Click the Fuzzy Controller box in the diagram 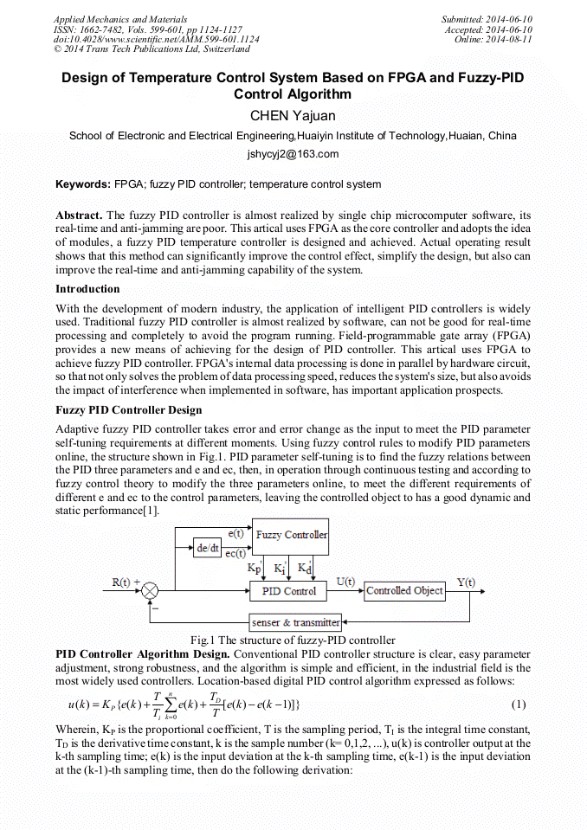pyautogui.click(x=291, y=535)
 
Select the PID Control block pyautogui.click(x=288, y=591)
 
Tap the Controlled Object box pyautogui.click(x=404, y=591)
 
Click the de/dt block pyautogui.click(x=209, y=548)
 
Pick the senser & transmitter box pyautogui.click(x=294, y=622)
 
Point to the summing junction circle pyautogui.click(x=151, y=591)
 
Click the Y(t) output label pyautogui.click(x=466, y=582)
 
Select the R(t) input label pyautogui.click(x=121, y=582)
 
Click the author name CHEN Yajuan pyautogui.click(x=293, y=115)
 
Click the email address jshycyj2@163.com pyautogui.click(x=293, y=155)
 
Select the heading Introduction pyautogui.click(x=87, y=289)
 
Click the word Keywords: pyautogui.click(x=83, y=184)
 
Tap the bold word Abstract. pyautogui.click(x=79, y=215)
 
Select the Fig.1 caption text pyautogui.click(x=293, y=640)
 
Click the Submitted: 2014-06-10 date pyautogui.click(x=487, y=19)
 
